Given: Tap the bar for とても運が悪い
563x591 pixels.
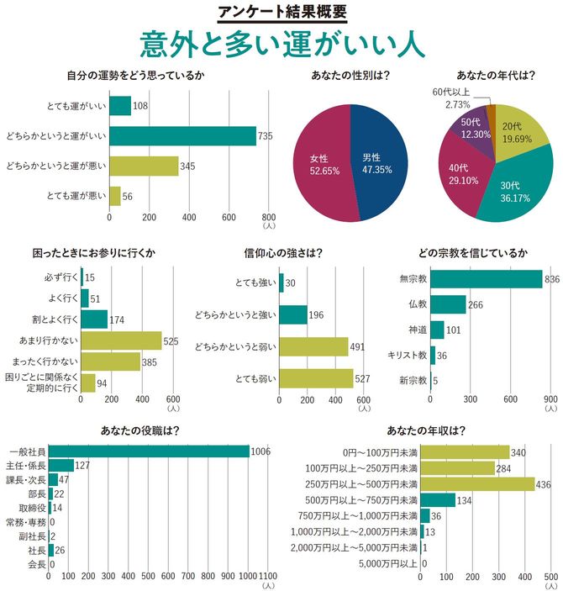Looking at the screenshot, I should [x=115, y=196].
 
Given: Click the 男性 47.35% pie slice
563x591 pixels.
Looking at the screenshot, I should [x=378, y=160].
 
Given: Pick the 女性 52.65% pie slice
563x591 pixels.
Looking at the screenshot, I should [x=324, y=164].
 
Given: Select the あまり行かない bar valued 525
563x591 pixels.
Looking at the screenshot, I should [x=121, y=340].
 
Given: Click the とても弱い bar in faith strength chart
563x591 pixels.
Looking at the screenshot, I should [x=316, y=379].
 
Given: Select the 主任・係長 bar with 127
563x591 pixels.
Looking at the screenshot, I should [x=61, y=466].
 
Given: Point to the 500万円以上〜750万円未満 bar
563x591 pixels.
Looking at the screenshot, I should [x=438, y=500].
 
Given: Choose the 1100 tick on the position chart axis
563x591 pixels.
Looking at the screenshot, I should [x=268, y=578].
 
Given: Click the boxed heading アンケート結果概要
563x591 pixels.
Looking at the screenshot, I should [x=281, y=12].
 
